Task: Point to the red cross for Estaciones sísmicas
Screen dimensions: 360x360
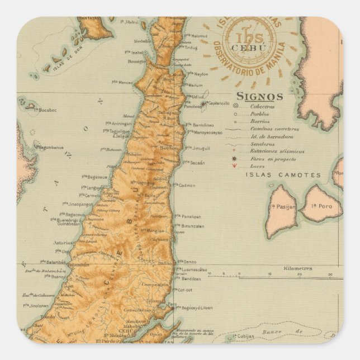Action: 234,151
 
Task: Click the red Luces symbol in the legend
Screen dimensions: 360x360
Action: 234,166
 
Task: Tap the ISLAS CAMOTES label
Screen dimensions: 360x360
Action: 283,175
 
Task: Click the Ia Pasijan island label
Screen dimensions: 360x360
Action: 283,207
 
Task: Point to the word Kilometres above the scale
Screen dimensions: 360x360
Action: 298,268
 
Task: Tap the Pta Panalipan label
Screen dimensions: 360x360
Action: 189,216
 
